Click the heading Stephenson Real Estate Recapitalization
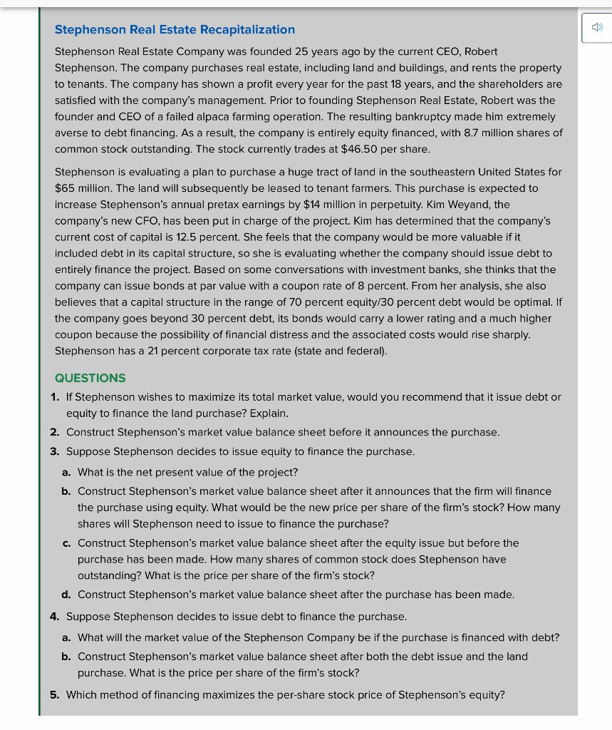[x=175, y=29]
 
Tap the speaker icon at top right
[x=597, y=28]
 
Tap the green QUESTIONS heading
[x=90, y=378]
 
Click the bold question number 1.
[x=55, y=396]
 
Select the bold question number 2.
[x=55, y=432]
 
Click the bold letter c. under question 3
[x=66, y=543]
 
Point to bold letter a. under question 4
[x=66, y=637]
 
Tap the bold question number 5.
[x=55, y=694]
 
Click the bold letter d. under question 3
[x=66, y=595]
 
